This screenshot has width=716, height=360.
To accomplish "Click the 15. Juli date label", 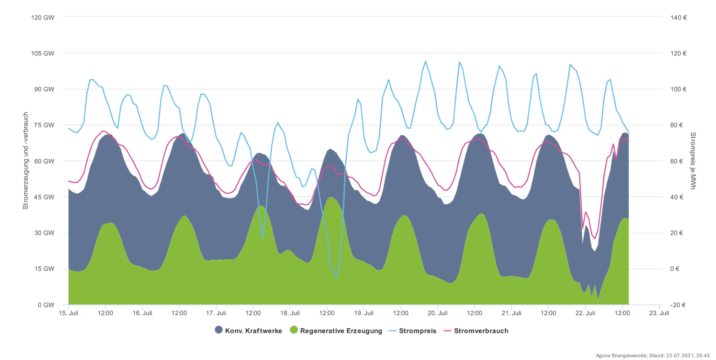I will click(x=69, y=313).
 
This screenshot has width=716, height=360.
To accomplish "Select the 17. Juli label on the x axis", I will click(x=216, y=313).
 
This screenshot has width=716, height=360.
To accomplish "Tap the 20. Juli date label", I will click(x=438, y=313).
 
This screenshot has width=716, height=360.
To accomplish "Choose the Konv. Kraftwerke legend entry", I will click(x=248, y=331).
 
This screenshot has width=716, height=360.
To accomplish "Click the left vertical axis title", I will click(x=26, y=161).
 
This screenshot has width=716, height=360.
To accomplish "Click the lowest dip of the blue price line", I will click(x=336, y=277).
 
